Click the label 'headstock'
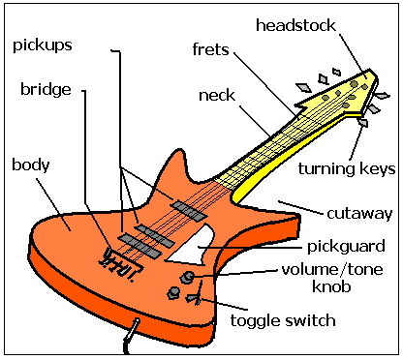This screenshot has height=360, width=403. [295, 25]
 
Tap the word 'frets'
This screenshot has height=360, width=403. [210, 49]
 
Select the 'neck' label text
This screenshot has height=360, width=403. [217, 96]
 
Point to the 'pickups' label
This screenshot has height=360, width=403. [43, 45]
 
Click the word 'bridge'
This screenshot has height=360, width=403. [46, 89]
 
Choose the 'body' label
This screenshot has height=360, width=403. [31, 165]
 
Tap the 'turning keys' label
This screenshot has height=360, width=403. [347, 168]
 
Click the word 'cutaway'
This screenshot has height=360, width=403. [359, 214]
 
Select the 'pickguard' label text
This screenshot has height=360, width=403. [346, 247]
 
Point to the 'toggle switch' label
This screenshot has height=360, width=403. [283, 320]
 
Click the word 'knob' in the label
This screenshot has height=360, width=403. [331, 286]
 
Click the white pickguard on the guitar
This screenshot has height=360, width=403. [191, 246]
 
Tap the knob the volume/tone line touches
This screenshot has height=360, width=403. [188, 277]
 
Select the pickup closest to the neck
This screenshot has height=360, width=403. [189, 211]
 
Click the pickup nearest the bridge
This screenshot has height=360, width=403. [139, 247]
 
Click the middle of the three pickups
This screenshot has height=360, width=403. [154, 236]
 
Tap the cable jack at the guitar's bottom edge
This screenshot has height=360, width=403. [132, 331]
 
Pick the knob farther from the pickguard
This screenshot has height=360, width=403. [173, 292]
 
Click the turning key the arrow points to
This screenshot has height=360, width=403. [363, 123]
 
